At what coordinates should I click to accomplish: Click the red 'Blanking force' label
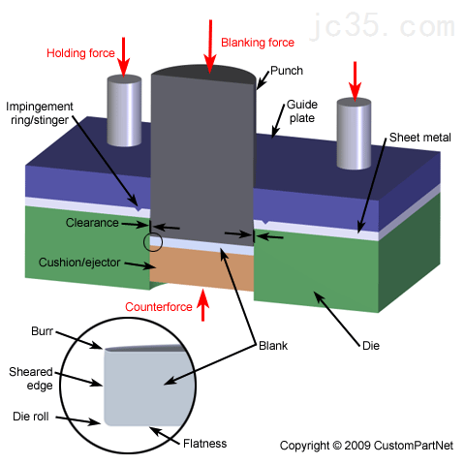(258, 43)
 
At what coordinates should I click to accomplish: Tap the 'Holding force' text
(80, 53)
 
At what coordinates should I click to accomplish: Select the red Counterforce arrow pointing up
(202, 305)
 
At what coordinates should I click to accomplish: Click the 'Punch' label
(287, 71)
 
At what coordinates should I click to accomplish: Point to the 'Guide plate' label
(302, 111)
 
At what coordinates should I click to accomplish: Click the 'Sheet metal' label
(419, 138)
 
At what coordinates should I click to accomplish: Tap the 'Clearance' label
(92, 223)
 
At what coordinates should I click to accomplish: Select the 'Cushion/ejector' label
(79, 263)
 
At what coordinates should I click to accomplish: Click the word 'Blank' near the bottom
(273, 346)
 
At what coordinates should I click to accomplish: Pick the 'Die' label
(371, 346)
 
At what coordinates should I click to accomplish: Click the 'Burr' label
(42, 331)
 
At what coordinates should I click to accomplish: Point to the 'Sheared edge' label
(31, 379)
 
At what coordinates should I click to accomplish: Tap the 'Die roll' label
(31, 417)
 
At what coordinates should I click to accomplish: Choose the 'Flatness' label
(204, 444)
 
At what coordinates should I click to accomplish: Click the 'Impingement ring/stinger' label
(40, 113)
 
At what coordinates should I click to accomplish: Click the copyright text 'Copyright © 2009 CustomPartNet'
(366, 446)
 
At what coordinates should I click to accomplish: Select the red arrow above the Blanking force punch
(210, 46)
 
